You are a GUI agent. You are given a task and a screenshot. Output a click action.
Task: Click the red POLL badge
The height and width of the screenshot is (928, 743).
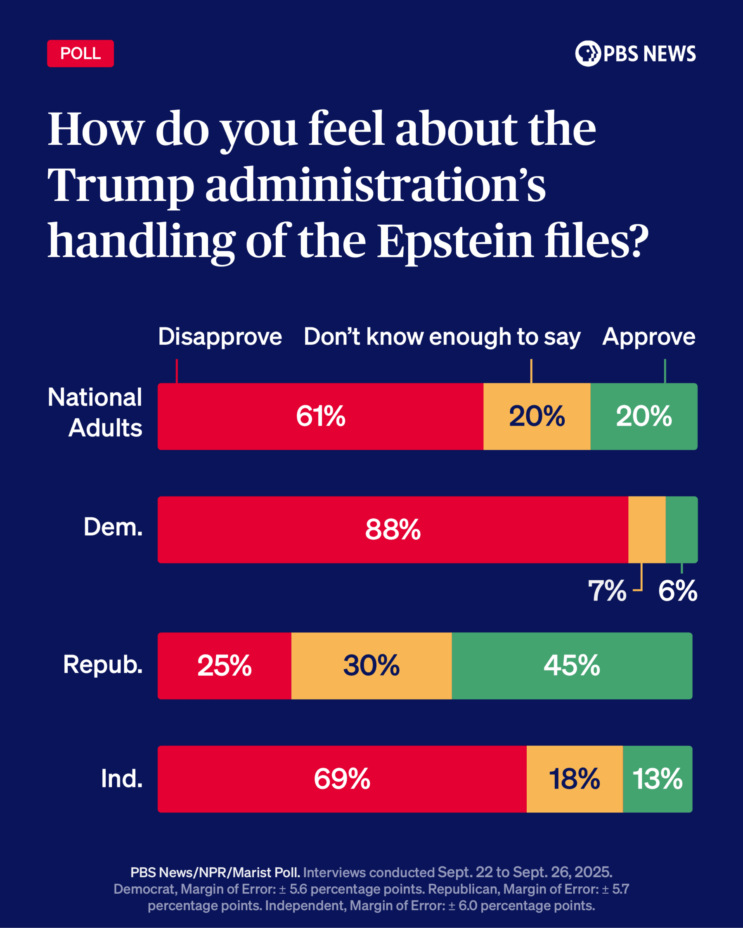[80, 53]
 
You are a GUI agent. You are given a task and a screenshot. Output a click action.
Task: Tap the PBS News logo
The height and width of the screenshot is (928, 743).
[635, 53]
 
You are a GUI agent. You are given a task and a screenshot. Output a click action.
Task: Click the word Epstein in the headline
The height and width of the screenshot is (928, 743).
[455, 241]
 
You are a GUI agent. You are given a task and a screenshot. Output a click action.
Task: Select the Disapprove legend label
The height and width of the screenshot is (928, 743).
[220, 337]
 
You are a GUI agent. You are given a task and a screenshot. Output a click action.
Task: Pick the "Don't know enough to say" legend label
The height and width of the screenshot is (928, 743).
[442, 337]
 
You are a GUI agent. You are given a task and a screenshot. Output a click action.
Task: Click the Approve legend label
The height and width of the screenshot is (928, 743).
[648, 337]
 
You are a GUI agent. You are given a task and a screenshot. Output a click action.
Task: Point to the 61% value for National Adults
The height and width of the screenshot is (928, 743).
[320, 416]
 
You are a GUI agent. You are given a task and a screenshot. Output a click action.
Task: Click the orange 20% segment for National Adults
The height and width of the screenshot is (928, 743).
[537, 416]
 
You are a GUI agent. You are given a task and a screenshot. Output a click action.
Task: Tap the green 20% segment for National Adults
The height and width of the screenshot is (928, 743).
[644, 416]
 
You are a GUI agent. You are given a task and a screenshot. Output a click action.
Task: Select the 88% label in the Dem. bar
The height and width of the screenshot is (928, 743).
[393, 530]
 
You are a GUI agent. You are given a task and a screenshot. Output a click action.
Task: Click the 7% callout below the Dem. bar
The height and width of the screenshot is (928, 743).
[607, 591]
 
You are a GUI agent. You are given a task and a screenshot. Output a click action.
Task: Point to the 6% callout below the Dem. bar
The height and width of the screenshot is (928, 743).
[677, 591]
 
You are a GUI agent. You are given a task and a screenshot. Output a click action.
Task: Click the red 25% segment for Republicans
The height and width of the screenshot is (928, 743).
[225, 665]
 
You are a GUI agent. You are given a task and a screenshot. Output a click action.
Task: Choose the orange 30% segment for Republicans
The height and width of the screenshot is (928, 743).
[371, 665]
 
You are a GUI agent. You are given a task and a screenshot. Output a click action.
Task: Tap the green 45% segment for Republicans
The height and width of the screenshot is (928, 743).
[572, 665]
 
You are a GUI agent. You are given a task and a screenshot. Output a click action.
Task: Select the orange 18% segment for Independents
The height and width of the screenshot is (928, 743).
[574, 779]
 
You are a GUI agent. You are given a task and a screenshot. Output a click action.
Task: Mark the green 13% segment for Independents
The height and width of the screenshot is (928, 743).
[657, 779]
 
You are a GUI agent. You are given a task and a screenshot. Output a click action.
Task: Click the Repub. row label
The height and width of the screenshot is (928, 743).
[102, 664]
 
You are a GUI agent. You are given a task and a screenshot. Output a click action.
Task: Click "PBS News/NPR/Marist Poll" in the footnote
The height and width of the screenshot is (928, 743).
[215, 872]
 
